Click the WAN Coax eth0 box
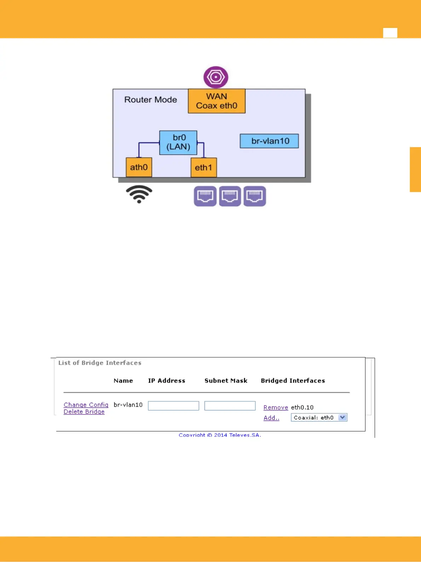(x=217, y=101)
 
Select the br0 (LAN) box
(x=178, y=142)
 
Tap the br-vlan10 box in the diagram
(x=269, y=141)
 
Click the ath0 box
(x=139, y=167)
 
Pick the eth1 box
(x=203, y=167)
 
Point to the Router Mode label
(x=150, y=100)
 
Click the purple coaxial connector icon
(x=216, y=77)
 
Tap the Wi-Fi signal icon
(x=139, y=194)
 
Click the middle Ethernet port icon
(x=230, y=196)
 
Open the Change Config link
(x=86, y=405)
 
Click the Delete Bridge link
(x=84, y=412)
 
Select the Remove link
(x=276, y=408)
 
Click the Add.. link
(x=271, y=418)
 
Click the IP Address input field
(x=173, y=406)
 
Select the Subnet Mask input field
(x=230, y=406)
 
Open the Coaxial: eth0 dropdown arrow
(x=342, y=418)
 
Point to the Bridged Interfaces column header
(x=293, y=381)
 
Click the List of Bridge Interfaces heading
(x=100, y=363)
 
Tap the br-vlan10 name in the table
(x=128, y=405)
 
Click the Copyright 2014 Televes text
(x=220, y=435)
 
